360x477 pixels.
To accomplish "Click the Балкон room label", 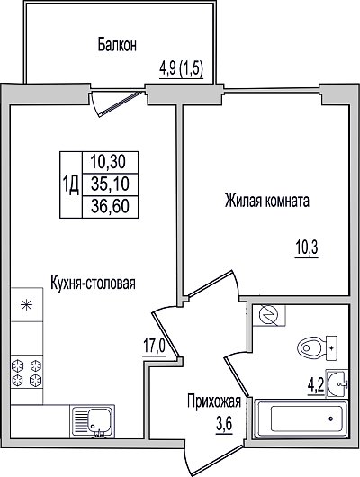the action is point(117,45).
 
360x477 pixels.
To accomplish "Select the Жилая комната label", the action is point(267,201).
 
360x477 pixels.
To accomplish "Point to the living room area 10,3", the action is point(306,247).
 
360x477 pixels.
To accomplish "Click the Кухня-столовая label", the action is point(93,283).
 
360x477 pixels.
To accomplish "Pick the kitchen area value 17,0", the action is point(155,346).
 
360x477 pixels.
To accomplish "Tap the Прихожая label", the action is point(214,401).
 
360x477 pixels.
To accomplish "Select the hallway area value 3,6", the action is point(224,424).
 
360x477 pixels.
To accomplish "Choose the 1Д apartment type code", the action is point(71,184).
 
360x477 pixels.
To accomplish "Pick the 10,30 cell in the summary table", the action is point(111,162).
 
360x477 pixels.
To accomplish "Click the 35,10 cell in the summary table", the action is point(111,184).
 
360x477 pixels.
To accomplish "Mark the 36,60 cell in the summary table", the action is point(111,207).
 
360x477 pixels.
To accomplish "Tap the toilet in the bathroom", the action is point(318,348).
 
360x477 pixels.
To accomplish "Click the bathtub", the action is point(301,418).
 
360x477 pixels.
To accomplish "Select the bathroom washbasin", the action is point(337,383).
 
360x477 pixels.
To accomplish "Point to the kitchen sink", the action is point(93,421).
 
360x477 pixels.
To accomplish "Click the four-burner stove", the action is point(27,372).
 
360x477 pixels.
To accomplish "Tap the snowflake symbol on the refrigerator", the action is point(27,304).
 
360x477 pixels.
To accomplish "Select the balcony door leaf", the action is point(121,103).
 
